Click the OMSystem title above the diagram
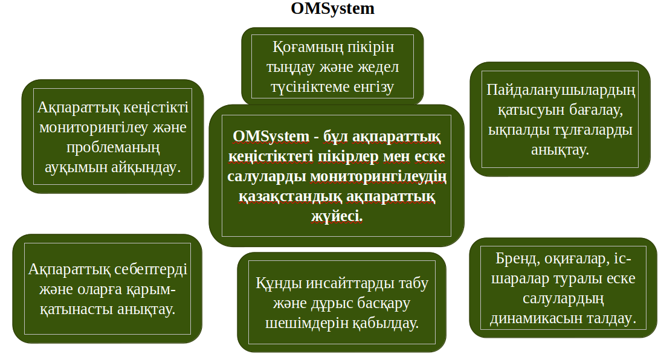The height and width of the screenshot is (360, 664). (332, 8)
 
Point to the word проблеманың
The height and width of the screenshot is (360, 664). (113, 147)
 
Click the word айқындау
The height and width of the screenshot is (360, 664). (146, 167)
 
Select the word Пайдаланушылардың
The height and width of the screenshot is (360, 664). (561, 91)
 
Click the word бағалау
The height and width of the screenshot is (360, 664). (596, 110)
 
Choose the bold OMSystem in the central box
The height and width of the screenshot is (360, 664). (271, 137)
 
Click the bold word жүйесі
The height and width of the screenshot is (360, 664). (337, 216)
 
